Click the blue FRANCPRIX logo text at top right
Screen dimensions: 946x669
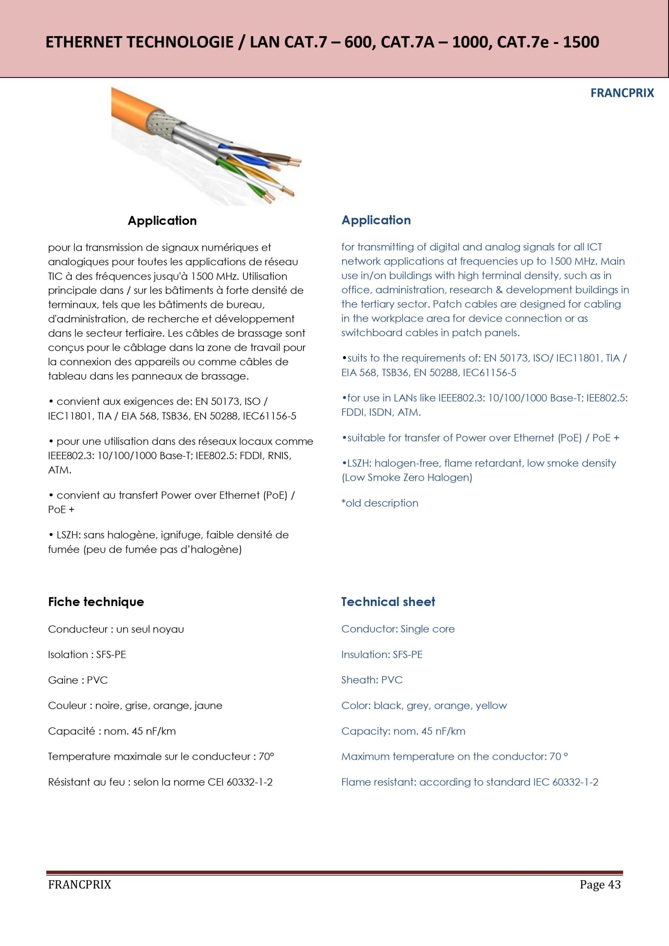pos(622,93)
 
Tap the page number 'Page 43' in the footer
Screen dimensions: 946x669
pos(600,885)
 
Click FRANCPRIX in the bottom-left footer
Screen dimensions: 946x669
pos(79,885)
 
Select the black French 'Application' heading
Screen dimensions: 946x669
pos(162,221)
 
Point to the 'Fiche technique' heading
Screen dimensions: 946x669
pos(96,602)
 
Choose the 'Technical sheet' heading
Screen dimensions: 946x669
pos(388,602)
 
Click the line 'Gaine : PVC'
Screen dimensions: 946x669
pos(78,680)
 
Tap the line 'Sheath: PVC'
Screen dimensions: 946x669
pos(371,680)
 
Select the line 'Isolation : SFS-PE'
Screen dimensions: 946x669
pos(87,655)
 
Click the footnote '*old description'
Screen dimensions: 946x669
pos(380,503)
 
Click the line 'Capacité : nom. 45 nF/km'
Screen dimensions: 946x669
pos(112,731)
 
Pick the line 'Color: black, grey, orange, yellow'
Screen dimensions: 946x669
pos(424,706)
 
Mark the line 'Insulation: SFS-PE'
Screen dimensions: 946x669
pos(382,655)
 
